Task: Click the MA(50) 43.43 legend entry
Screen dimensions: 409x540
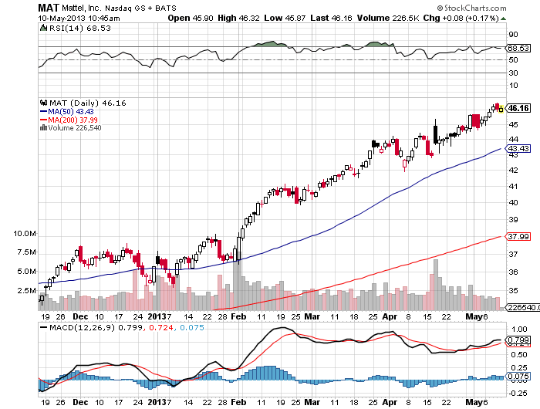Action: [x=73, y=111]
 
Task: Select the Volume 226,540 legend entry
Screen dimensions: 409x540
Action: [x=76, y=128]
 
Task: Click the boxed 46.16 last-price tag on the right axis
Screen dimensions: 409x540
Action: [x=518, y=109]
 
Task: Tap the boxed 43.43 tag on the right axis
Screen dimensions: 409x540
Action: [x=518, y=148]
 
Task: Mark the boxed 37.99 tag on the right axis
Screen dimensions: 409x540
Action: [x=518, y=236]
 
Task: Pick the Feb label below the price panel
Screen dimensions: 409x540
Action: [x=238, y=316]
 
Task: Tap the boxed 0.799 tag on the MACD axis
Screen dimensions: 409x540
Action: [x=518, y=340]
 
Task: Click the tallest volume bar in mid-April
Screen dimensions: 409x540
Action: [x=436, y=283]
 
